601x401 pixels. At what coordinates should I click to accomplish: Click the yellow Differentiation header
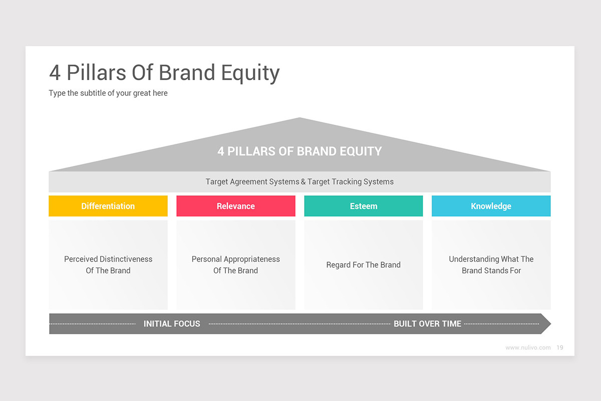pyautogui.click(x=108, y=206)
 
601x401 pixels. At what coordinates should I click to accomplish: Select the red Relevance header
pyautogui.click(x=235, y=206)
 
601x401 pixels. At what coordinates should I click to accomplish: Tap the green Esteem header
pyautogui.click(x=363, y=206)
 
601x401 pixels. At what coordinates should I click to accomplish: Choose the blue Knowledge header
pyautogui.click(x=491, y=206)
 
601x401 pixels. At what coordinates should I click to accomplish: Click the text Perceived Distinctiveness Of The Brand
pyautogui.click(x=108, y=265)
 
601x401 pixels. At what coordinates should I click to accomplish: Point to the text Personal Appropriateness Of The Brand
pyautogui.click(x=235, y=265)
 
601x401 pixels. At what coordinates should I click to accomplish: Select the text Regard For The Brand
pyautogui.click(x=363, y=265)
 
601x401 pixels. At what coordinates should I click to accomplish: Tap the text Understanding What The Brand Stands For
pyautogui.click(x=491, y=265)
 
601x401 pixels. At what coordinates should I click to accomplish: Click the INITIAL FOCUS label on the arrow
pyautogui.click(x=172, y=324)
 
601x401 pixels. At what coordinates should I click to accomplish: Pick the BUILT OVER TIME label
pyautogui.click(x=427, y=324)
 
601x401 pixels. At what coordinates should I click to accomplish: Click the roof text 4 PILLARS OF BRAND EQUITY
pyautogui.click(x=299, y=151)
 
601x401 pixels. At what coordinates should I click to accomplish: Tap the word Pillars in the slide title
pyautogui.click(x=96, y=73)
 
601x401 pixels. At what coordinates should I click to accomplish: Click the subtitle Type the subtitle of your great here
pyautogui.click(x=108, y=93)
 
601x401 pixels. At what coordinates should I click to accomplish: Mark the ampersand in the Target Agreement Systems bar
pyautogui.click(x=303, y=182)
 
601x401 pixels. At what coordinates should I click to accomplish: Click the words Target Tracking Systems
pyautogui.click(x=351, y=182)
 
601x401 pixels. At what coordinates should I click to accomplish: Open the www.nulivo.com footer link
pyautogui.click(x=528, y=347)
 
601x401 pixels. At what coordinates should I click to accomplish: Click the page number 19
pyautogui.click(x=559, y=347)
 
